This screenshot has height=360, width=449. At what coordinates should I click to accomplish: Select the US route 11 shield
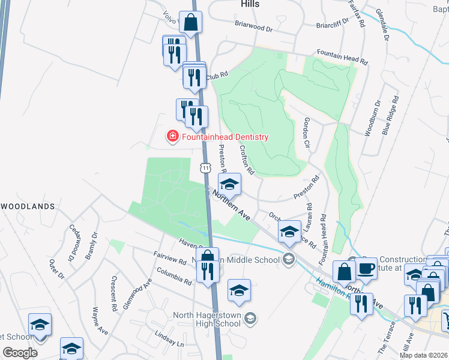click(206, 169)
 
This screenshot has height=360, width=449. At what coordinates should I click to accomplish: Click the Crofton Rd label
click(247, 159)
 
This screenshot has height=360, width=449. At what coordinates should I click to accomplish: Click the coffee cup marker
click(367, 269)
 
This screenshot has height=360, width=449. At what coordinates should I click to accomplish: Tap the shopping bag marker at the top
click(190, 23)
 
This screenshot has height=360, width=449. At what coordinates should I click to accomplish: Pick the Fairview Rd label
click(170, 260)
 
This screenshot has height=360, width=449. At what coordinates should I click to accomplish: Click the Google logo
click(20, 353)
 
